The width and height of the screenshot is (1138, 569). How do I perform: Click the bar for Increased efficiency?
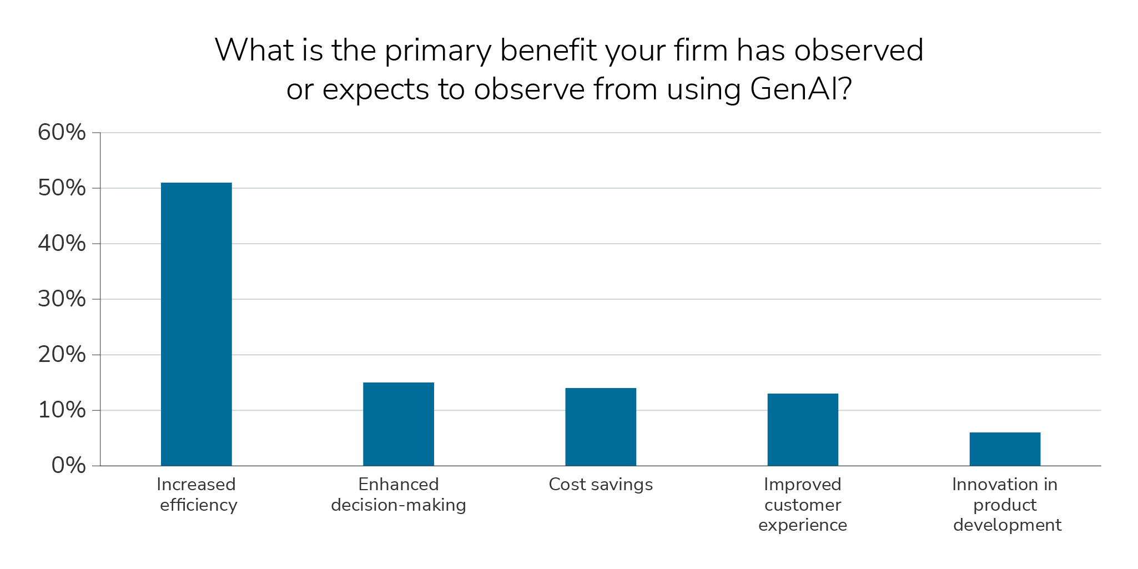(196, 324)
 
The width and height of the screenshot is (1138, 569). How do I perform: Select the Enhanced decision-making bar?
(398, 424)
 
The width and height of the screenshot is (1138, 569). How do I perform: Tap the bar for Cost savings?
(600, 427)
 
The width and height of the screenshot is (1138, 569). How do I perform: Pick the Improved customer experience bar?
(803, 430)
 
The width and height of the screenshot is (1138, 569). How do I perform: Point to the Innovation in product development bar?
(1005, 449)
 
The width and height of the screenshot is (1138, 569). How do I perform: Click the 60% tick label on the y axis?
(62, 133)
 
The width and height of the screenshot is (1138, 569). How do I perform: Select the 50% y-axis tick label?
(62, 188)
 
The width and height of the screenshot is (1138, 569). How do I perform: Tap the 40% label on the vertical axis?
(62, 244)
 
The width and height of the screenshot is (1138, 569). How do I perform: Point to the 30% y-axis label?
(62, 299)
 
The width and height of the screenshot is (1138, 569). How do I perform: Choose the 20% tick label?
(62, 355)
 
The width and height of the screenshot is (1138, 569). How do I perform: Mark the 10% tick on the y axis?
(62, 410)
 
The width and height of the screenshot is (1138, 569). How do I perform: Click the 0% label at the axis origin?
(68, 466)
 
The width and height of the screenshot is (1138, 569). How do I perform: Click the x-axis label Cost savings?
(601, 485)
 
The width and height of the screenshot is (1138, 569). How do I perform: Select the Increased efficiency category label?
(197, 495)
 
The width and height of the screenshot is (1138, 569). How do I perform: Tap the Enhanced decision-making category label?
(399, 495)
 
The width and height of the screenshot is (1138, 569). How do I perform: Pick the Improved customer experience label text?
(803, 505)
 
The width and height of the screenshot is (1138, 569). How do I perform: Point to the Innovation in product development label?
(1006, 505)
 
